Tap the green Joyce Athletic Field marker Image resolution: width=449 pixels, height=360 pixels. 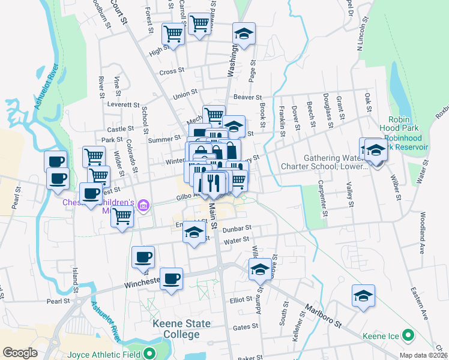pyautogui.click(x=149, y=353)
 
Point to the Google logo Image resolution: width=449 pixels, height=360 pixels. pyautogui.click(x=20, y=353)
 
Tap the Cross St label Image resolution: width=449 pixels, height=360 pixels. pyautogui.click(x=171, y=72)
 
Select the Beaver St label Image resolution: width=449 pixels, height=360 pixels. pyautogui.click(x=248, y=97)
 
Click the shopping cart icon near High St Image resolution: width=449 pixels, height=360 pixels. pyautogui.click(x=173, y=34)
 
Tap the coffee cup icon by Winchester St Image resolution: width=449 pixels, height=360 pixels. pyautogui.click(x=172, y=278)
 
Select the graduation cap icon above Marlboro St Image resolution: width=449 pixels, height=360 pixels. pyautogui.click(x=261, y=269)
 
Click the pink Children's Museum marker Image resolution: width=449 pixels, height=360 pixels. pyautogui.click(x=143, y=207)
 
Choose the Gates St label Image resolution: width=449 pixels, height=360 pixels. pyautogui.click(x=245, y=327)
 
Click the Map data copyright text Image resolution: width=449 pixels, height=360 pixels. pyautogui.click(x=423, y=355)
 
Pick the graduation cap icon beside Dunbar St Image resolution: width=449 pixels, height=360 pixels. pyautogui.click(x=194, y=233)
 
